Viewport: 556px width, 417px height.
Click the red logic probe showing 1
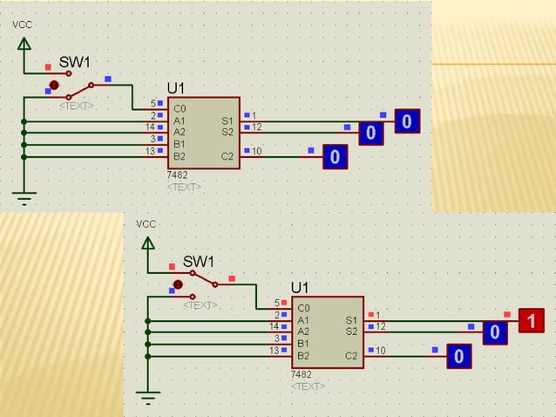532,321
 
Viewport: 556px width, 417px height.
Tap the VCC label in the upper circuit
23,24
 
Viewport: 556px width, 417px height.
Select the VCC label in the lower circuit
146,224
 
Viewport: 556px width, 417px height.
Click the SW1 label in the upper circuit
74,63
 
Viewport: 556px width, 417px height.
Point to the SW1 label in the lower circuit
198,262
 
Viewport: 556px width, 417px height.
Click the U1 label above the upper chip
177,89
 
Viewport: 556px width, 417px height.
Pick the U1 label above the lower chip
301,287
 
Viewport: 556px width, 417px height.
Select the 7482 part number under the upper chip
177,175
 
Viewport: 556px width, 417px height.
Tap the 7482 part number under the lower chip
301,373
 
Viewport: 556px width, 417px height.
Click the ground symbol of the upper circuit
24,199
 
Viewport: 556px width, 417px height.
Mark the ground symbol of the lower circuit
147,399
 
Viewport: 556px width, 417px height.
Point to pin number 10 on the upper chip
256,152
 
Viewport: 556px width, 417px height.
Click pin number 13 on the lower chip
274,350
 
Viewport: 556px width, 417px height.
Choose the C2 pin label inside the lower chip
351,355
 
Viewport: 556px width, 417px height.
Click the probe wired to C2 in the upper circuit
335,157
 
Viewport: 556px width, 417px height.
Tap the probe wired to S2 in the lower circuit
494,332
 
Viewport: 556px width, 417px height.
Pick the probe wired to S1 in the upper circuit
407,121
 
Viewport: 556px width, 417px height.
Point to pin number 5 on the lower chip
277,303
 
